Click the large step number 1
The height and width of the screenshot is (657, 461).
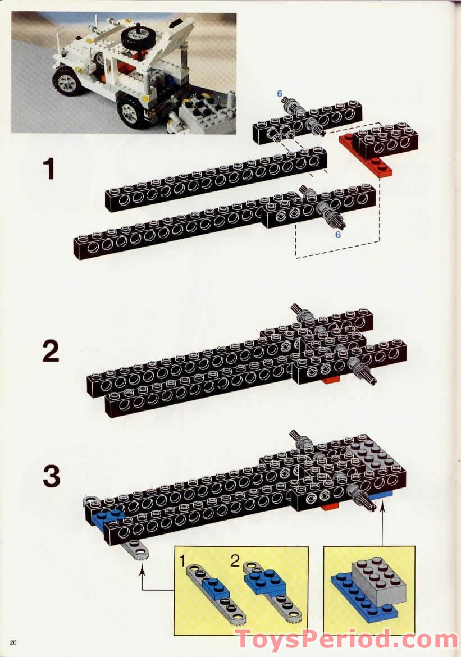[x=50, y=169]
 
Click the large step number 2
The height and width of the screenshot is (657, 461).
[x=51, y=352]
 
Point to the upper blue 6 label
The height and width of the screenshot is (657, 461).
[x=279, y=94]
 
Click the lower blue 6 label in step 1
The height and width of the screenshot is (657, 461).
[x=337, y=234]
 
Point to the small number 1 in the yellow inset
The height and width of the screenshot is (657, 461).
[x=182, y=559]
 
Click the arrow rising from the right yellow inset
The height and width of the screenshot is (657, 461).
[x=383, y=522]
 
